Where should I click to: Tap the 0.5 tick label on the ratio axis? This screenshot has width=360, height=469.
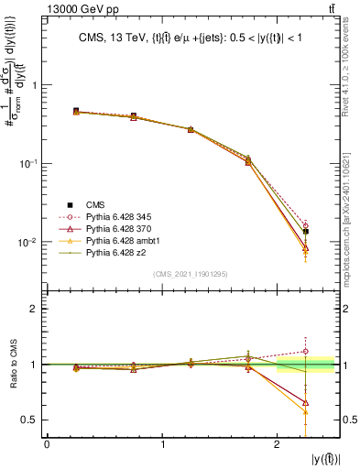[x=30, y=420]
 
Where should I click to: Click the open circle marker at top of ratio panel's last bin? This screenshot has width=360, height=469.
[x=306, y=351]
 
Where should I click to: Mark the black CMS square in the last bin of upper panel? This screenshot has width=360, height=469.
[x=306, y=231]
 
